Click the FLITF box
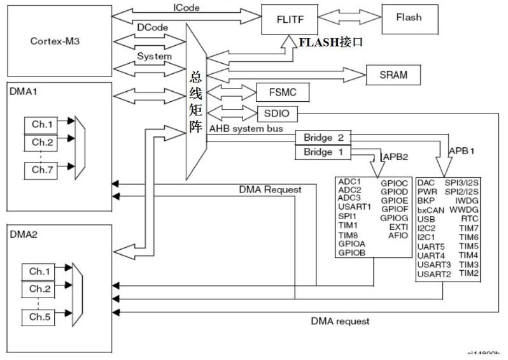click(x=286, y=18)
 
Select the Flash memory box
click(x=408, y=18)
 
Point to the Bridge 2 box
click(x=323, y=138)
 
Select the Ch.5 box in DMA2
click(x=39, y=316)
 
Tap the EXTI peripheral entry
click(x=399, y=226)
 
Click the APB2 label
click(x=395, y=155)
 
